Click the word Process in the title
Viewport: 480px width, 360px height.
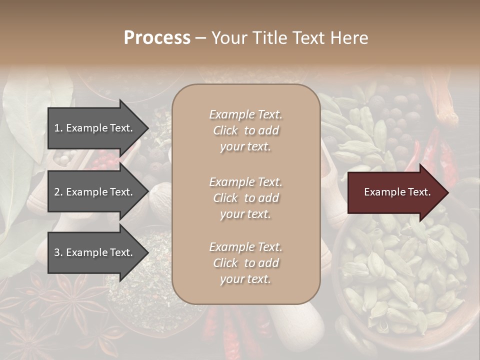pyautogui.click(x=157, y=38)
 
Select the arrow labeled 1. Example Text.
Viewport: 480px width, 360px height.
pyautogui.click(x=94, y=128)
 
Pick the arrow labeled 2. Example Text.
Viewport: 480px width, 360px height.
pyautogui.click(x=94, y=192)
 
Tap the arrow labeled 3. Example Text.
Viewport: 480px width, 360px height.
pyautogui.click(x=94, y=252)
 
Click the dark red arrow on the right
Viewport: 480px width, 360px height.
pyautogui.click(x=395, y=192)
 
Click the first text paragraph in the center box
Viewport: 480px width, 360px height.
pyautogui.click(x=245, y=130)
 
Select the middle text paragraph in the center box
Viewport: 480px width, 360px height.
pyautogui.click(x=245, y=198)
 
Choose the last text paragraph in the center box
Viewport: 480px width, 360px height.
pyautogui.click(x=245, y=263)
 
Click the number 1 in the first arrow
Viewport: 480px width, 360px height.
pyautogui.click(x=56, y=128)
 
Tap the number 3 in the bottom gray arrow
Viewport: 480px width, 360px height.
pyautogui.click(x=57, y=252)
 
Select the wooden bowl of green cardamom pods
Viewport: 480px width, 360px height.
pyautogui.click(x=400, y=280)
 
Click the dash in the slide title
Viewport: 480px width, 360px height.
pyautogui.click(x=201, y=38)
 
